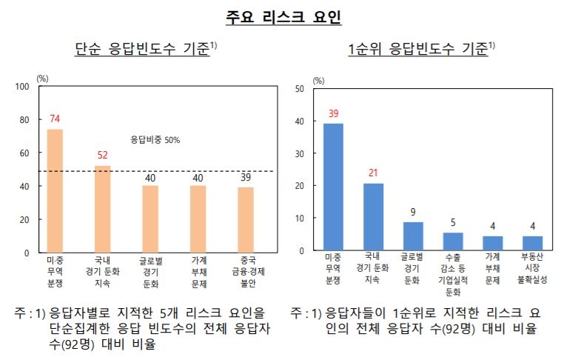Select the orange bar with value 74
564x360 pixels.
click(55, 190)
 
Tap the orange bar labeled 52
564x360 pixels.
click(102, 209)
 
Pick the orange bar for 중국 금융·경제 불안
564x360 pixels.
click(245, 219)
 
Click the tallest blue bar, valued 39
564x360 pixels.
click(333, 187)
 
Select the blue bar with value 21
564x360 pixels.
click(373, 216)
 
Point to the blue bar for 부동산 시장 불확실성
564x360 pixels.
click(532, 243)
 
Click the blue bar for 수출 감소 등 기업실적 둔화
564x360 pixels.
click(452, 241)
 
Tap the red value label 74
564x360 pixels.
click(55, 119)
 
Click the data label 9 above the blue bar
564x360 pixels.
click(413, 212)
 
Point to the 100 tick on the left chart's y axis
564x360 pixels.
click(21, 87)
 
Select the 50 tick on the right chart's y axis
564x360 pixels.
click(300, 89)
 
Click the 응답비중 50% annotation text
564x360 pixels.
click(155, 139)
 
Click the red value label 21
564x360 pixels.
click(373, 173)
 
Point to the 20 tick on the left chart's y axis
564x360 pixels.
click(24, 220)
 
